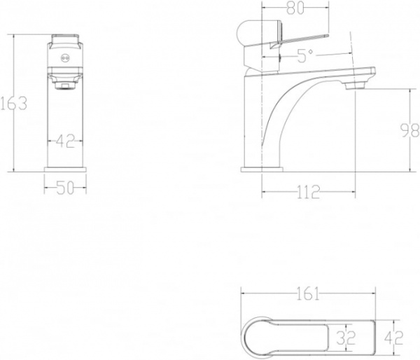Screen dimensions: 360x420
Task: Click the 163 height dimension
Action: [x=13, y=103]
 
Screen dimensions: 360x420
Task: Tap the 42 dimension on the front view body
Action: [x=64, y=142]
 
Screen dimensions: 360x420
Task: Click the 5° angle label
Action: [x=302, y=57]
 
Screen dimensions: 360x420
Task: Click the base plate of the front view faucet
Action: [x=64, y=169]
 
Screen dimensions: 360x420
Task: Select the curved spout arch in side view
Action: [x=280, y=112]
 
